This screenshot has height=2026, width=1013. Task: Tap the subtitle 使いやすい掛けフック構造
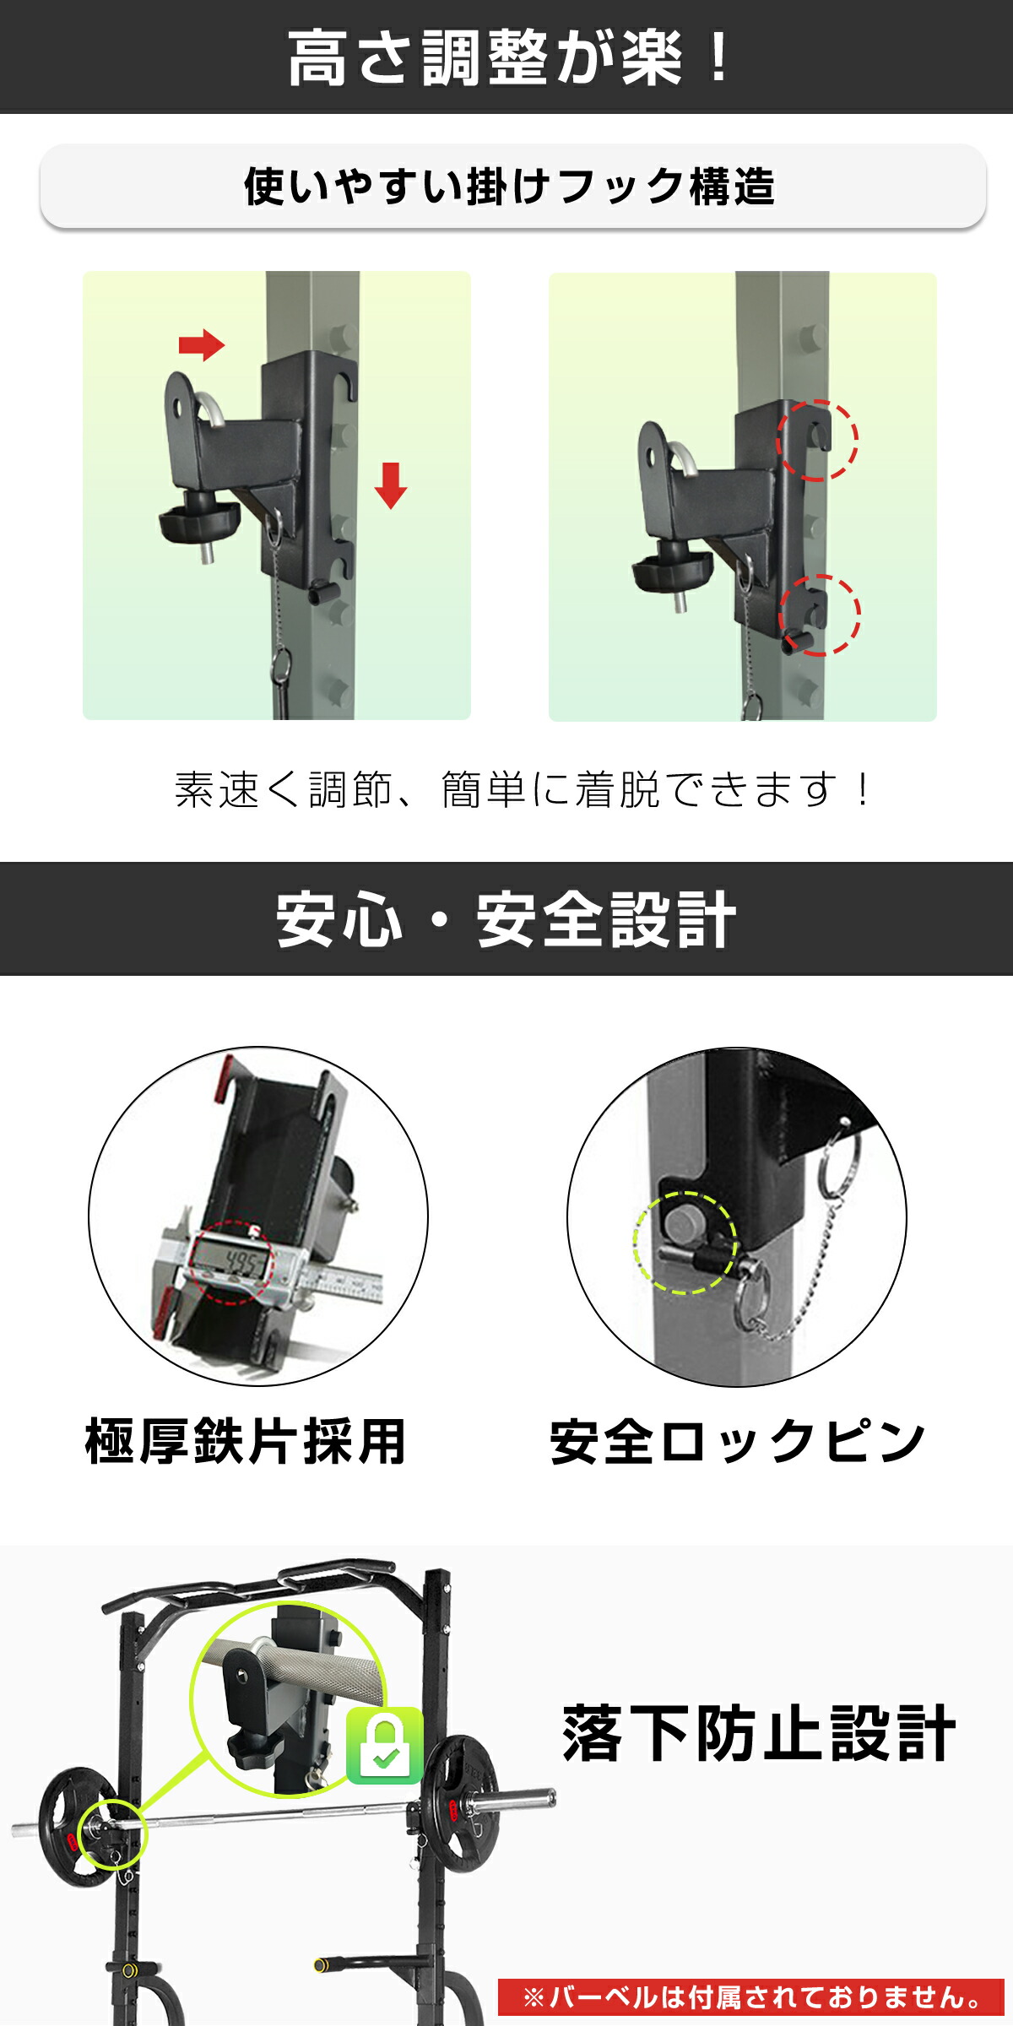(x=509, y=187)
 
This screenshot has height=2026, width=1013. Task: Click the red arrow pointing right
(x=202, y=344)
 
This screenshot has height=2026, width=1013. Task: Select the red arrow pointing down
(x=390, y=485)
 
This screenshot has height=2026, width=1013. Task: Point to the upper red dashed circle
(x=816, y=440)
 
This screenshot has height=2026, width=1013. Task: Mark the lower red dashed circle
(x=819, y=614)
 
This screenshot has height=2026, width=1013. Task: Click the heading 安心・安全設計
(x=506, y=920)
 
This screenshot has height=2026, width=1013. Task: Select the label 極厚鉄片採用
(x=246, y=1441)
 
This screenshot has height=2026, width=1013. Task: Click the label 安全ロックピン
(x=737, y=1441)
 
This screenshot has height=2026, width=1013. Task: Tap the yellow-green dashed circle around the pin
(x=685, y=1242)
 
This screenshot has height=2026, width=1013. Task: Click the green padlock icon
(x=385, y=1745)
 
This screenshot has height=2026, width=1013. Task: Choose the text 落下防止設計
(x=758, y=1734)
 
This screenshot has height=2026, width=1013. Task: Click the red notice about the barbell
(x=750, y=1997)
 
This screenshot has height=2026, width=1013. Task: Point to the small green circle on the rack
(x=112, y=1833)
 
